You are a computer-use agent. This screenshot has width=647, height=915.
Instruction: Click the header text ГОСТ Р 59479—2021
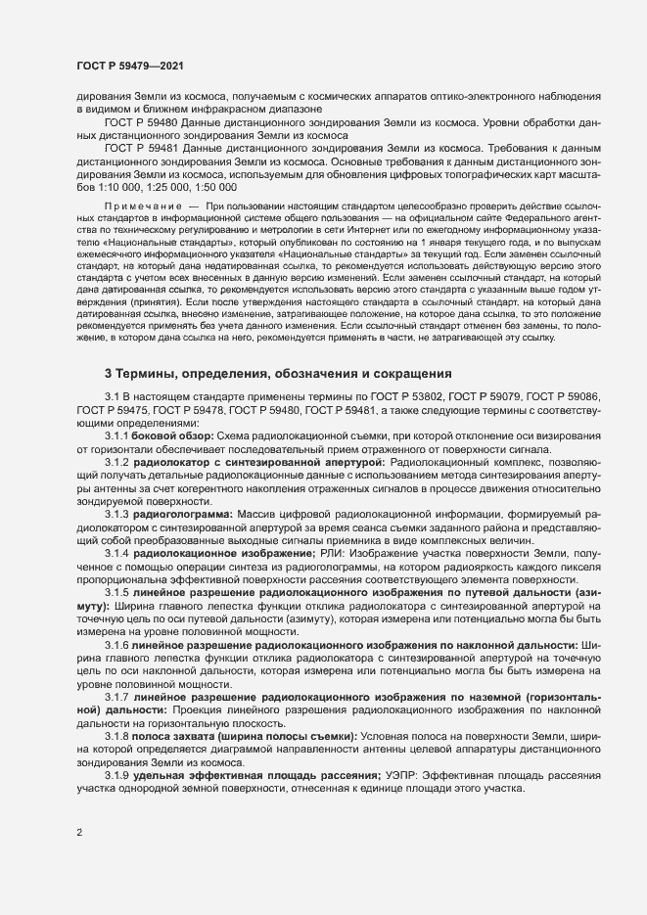coord(128,64)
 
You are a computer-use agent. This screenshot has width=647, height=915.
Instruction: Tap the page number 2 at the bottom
coord(79,833)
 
